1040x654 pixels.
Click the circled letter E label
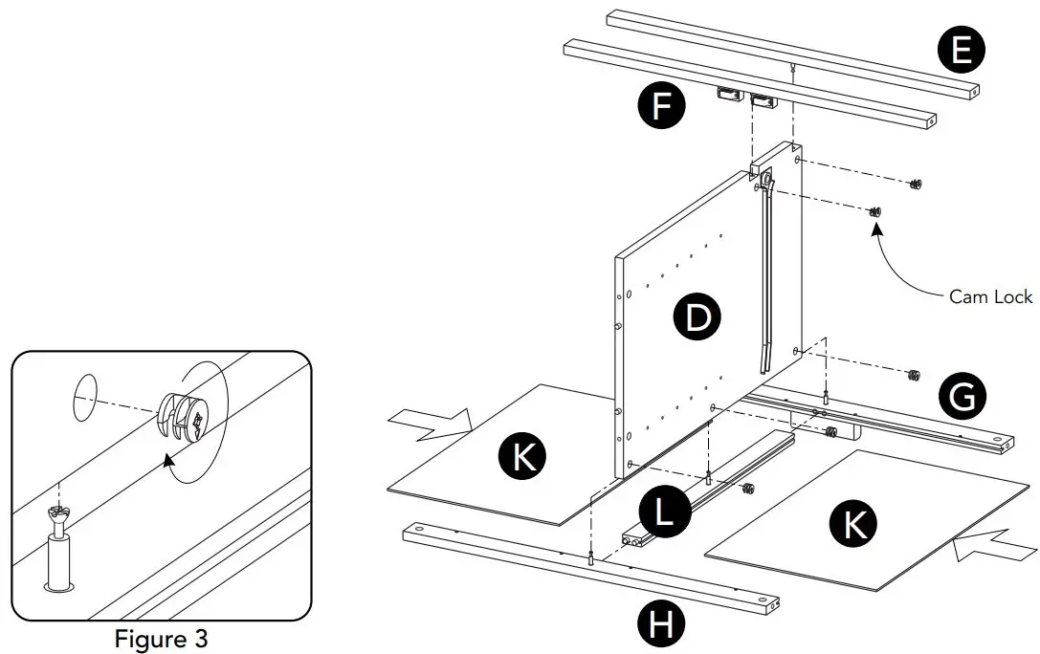962,51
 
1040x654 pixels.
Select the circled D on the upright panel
699,316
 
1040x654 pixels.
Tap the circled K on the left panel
522,459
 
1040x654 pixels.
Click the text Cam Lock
990,297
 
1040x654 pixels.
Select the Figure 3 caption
161,638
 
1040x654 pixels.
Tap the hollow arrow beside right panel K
994,550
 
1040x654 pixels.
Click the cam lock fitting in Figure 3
188,417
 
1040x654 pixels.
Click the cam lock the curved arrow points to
874,211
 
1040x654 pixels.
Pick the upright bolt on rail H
592,558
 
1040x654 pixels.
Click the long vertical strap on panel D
765,277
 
